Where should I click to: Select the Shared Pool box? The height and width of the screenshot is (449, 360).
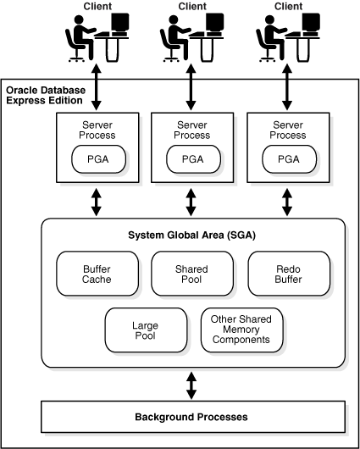click(191, 274)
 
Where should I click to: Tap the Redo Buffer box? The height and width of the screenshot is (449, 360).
click(287, 274)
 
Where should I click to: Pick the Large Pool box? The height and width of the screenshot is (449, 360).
click(144, 330)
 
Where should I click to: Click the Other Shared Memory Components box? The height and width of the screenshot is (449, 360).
click(241, 330)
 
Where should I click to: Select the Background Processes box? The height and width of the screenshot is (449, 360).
click(191, 417)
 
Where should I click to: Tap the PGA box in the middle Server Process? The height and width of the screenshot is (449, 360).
click(192, 158)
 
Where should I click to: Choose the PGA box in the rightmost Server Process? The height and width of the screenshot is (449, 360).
click(288, 158)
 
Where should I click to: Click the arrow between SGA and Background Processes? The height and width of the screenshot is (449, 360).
click(191, 385)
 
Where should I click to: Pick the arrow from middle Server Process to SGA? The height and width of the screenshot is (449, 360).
click(192, 202)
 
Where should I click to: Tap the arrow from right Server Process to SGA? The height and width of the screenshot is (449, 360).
click(288, 202)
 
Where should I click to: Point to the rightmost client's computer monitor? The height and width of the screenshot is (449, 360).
click(311, 25)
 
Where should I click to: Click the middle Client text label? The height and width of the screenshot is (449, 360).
click(192, 7)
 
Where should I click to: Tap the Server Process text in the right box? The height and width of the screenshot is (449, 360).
click(288, 130)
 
